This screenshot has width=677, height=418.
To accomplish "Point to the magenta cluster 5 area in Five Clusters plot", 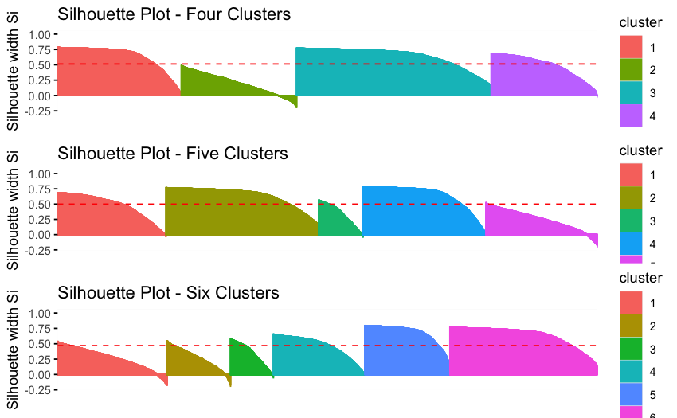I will pyautogui.click(x=526, y=223).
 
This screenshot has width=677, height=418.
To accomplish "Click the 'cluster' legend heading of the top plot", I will pyautogui.click(x=640, y=23).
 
